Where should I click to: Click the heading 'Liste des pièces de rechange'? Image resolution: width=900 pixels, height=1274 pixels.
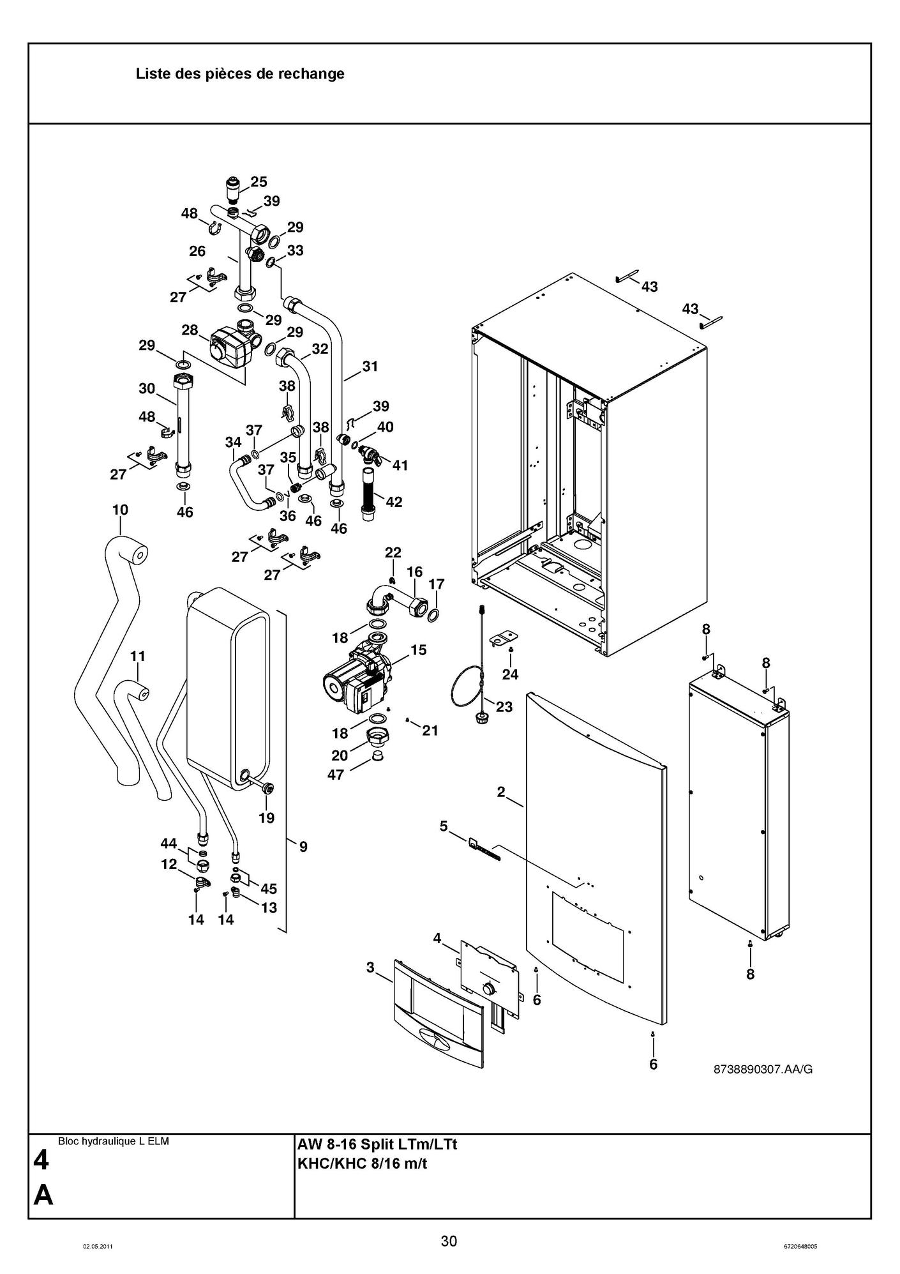click(240, 74)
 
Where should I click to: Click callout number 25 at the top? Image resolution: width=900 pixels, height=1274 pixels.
click(259, 182)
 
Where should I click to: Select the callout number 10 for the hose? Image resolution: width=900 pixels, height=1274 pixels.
click(120, 510)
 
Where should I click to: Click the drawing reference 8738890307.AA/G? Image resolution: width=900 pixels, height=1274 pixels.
click(763, 1069)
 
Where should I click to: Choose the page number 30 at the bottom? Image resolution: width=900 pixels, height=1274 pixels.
click(449, 1241)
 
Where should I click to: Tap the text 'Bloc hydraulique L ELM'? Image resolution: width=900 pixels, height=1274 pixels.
click(113, 1141)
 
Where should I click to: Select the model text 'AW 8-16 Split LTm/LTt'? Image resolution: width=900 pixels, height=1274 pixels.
click(377, 1144)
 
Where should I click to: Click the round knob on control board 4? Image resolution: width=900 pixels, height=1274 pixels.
click(489, 990)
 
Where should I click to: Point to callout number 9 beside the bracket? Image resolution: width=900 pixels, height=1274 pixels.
click(303, 847)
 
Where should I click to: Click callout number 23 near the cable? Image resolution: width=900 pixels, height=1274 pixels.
click(504, 707)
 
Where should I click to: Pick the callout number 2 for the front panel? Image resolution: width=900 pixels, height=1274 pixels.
click(501, 792)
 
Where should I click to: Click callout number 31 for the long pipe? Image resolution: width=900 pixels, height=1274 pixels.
click(370, 367)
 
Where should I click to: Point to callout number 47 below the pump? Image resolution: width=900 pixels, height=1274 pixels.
click(336, 775)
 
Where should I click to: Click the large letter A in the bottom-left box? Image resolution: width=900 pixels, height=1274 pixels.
click(43, 1195)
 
